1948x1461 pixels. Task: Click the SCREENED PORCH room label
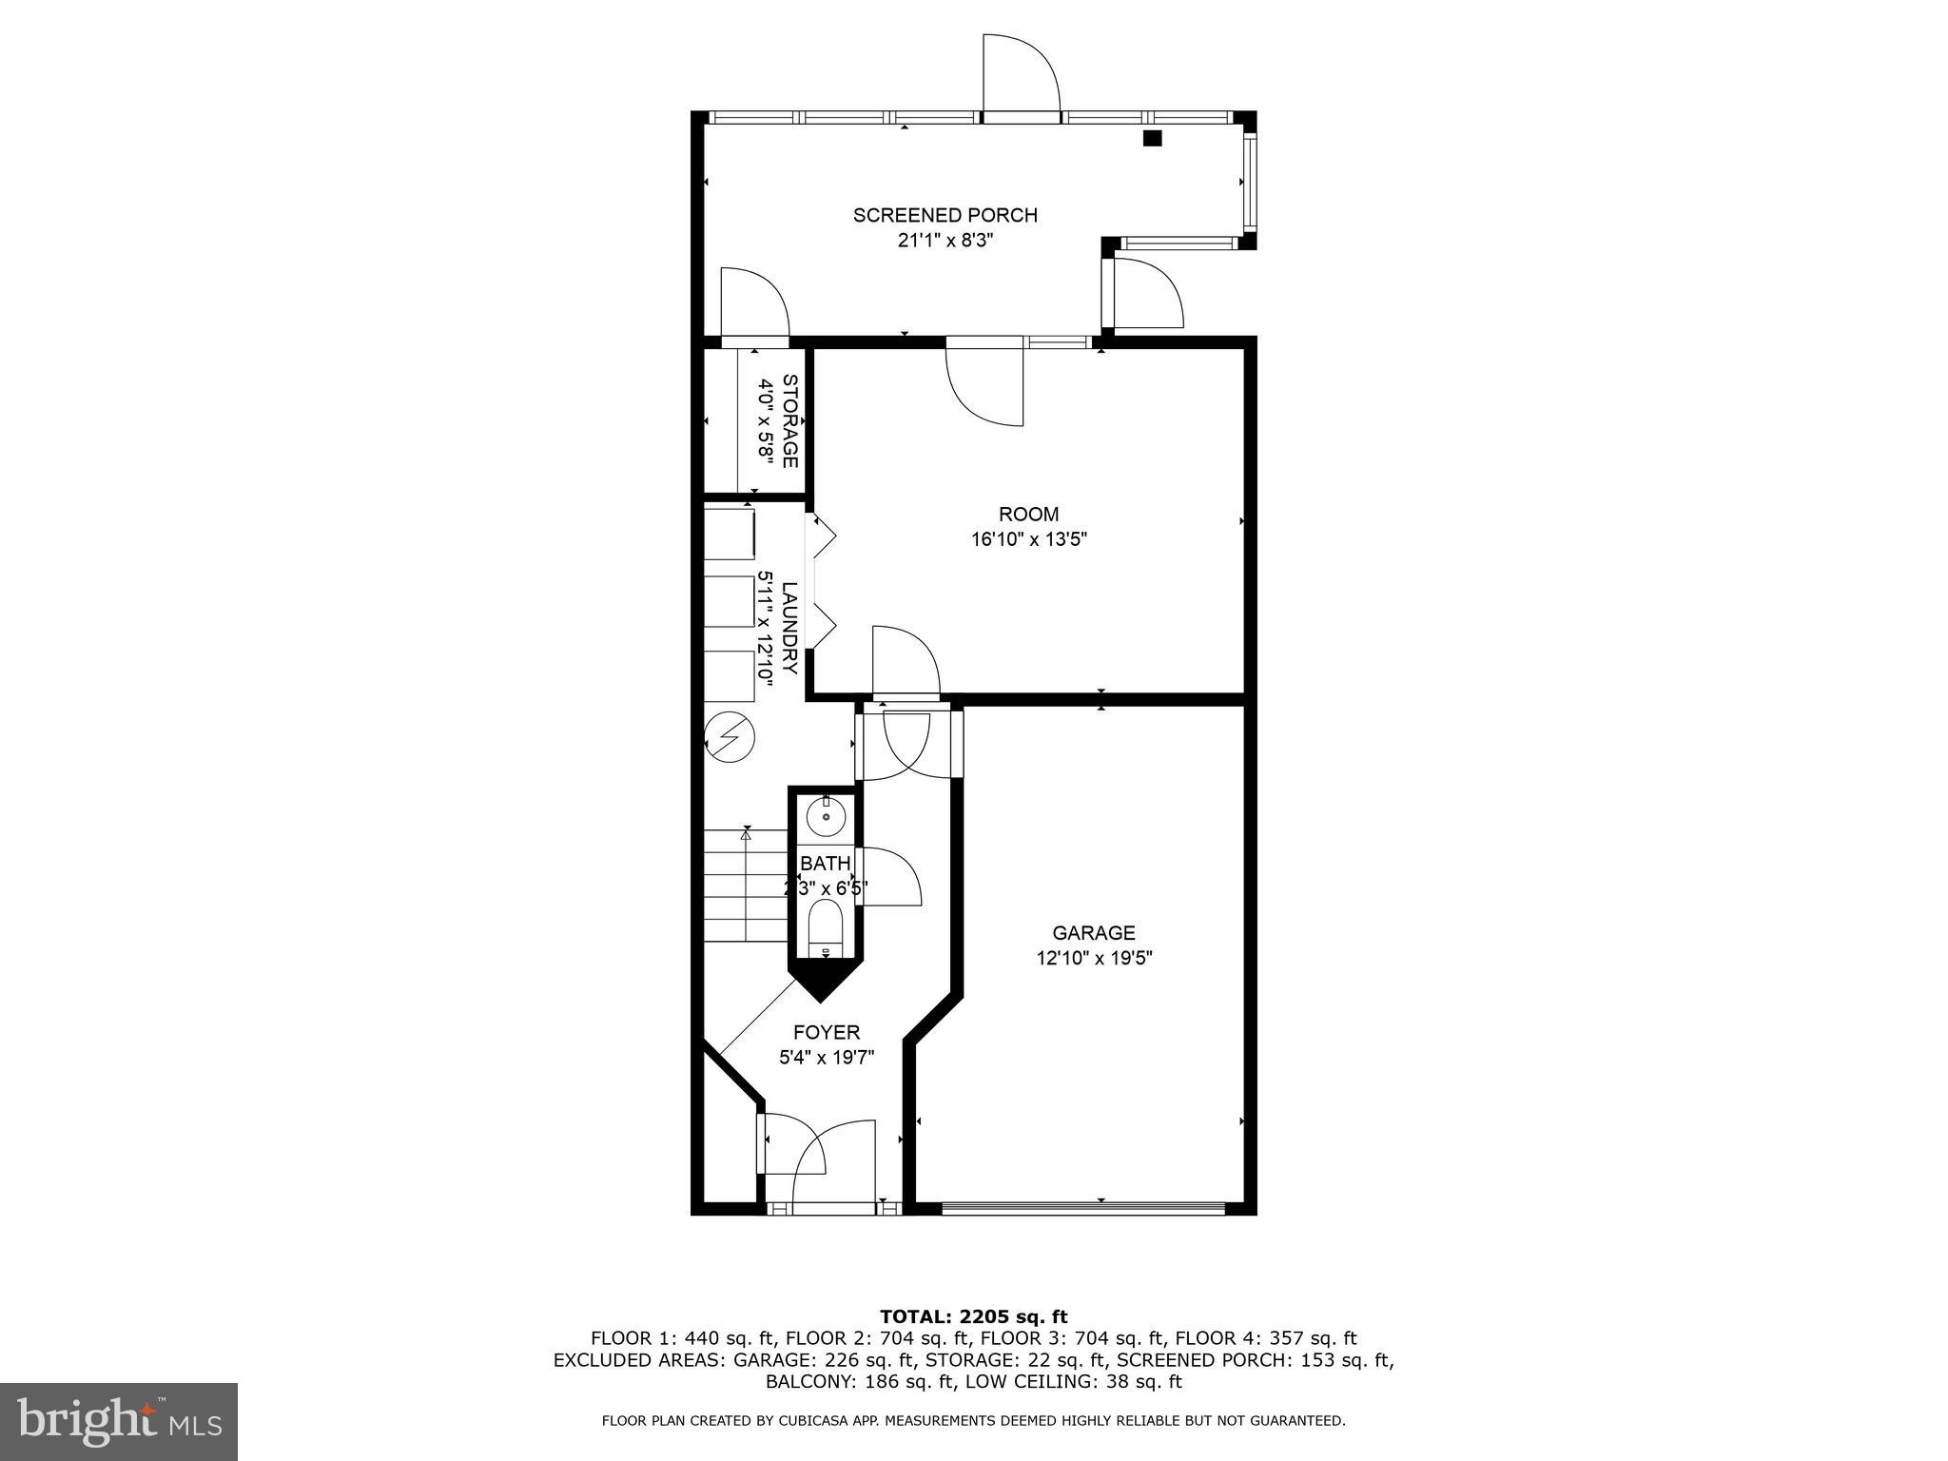click(945, 215)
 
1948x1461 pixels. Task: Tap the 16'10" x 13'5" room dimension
click(1028, 539)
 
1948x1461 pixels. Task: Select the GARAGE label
click(1093, 933)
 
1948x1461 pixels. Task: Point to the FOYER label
click(827, 1032)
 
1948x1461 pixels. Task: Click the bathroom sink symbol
click(826, 816)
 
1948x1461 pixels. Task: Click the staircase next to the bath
click(746, 886)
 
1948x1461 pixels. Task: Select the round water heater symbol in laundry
click(730, 737)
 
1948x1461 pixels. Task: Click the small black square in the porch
click(1152, 138)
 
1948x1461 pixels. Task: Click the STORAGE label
click(789, 420)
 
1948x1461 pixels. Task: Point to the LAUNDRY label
click(789, 628)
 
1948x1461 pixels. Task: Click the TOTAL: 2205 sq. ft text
click(973, 1316)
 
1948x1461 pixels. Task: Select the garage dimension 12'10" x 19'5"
click(1094, 958)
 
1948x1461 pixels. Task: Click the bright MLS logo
click(119, 1422)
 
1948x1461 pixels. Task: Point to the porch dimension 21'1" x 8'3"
click(945, 241)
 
